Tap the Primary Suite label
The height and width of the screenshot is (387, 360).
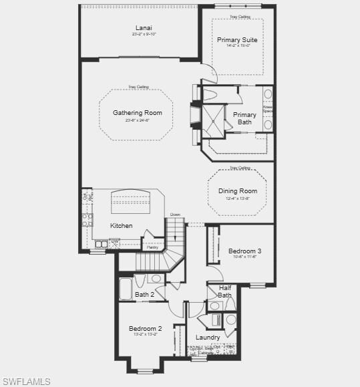tap(237, 40)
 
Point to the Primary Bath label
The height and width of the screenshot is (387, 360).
tap(244, 118)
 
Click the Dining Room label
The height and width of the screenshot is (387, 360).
tap(238, 191)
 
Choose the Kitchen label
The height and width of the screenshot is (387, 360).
tap(121, 226)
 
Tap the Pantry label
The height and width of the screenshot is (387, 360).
tap(153, 247)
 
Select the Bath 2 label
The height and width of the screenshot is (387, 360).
tap(144, 294)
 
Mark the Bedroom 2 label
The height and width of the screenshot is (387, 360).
tap(145, 328)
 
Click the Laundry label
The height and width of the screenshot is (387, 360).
tap(208, 338)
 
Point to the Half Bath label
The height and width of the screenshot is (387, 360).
tap(225, 291)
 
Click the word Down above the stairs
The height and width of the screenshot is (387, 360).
tap(175, 215)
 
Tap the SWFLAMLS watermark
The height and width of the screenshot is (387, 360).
tap(26, 381)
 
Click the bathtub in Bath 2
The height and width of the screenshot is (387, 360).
tap(126, 288)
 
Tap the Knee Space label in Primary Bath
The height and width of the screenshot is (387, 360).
tap(267, 108)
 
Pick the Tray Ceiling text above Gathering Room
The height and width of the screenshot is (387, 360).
tap(139, 87)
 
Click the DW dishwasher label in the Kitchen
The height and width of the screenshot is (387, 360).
tap(115, 241)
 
